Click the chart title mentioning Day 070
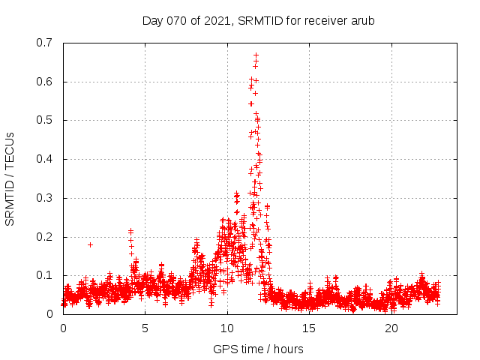point(258,20)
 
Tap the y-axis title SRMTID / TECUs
point(10,178)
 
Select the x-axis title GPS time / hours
point(258,349)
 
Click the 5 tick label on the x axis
point(145,328)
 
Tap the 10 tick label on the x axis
point(227,328)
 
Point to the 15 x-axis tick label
point(309,328)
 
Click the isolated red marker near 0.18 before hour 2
point(90,244)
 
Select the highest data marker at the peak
point(256,55)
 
